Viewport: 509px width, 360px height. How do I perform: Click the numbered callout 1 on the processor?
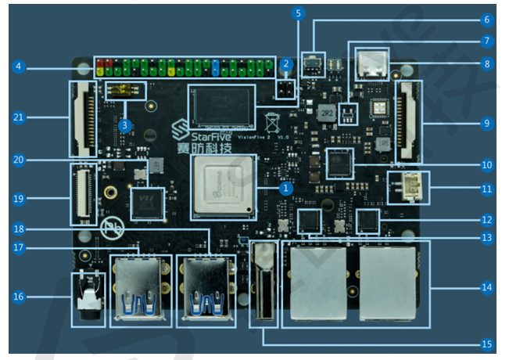pos(286,189)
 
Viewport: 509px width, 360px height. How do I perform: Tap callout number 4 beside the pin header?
pos(17,67)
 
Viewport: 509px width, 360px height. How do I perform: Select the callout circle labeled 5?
pos(299,13)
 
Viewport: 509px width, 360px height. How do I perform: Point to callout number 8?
pos(486,64)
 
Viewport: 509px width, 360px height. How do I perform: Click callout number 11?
pos(486,189)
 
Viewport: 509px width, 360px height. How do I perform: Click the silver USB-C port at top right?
pos(371,65)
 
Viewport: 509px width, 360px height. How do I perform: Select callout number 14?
pos(486,288)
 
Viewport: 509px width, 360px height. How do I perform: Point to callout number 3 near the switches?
pos(124,124)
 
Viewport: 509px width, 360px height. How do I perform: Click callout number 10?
pos(486,165)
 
